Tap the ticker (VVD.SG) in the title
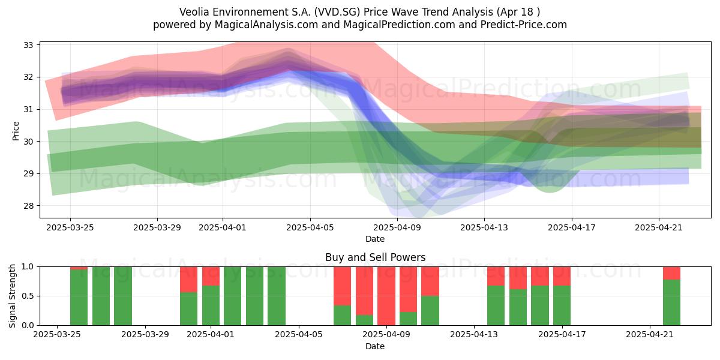(337, 12)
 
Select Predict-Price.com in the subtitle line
(524, 25)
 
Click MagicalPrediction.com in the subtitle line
(399, 25)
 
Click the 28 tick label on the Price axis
(28, 206)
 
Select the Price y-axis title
(16, 131)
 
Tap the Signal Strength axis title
(12, 296)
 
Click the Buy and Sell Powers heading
(375, 257)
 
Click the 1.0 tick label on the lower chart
(28, 267)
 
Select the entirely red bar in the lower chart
(386, 296)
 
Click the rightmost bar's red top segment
(672, 273)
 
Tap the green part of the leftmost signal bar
(79, 298)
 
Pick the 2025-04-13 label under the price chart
(484, 227)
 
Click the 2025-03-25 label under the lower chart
(57, 335)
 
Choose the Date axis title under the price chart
(375, 239)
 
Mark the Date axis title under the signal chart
(375, 346)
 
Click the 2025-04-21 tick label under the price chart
(659, 227)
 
